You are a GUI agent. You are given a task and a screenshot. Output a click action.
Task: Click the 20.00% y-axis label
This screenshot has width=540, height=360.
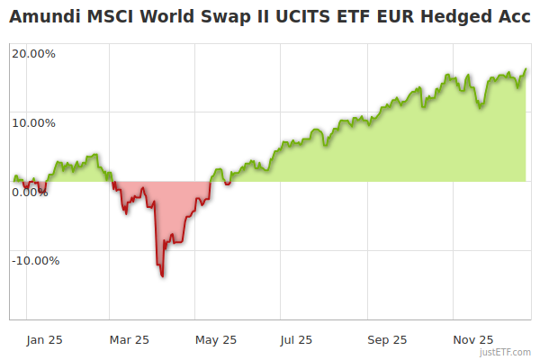(x=33, y=54)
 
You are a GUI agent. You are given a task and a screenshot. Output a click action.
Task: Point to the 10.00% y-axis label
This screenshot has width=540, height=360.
(x=33, y=122)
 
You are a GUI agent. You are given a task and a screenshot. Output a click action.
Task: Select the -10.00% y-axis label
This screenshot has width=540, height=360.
(x=35, y=261)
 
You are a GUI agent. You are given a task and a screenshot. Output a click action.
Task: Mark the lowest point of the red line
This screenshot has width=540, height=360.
(x=162, y=276)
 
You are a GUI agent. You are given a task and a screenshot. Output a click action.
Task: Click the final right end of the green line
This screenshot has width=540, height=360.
(x=526, y=69)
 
